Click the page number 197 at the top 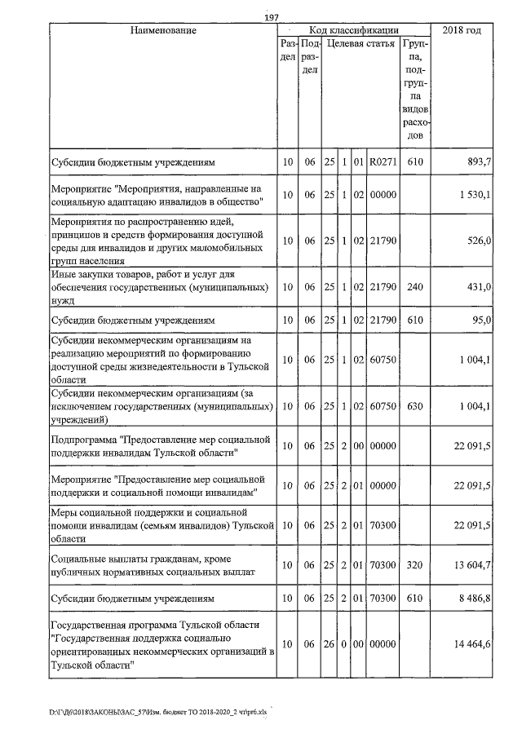tap(272, 19)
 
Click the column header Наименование tap(162, 31)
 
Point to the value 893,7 tap(476, 163)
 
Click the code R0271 tap(383, 163)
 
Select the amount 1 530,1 tap(474, 196)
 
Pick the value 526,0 tap(476, 241)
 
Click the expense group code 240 tap(415, 287)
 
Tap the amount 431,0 tap(476, 287)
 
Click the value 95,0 tap(479, 320)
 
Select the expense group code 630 tap(415, 407)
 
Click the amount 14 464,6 tap(473, 644)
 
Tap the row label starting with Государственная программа tap(161, 644)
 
